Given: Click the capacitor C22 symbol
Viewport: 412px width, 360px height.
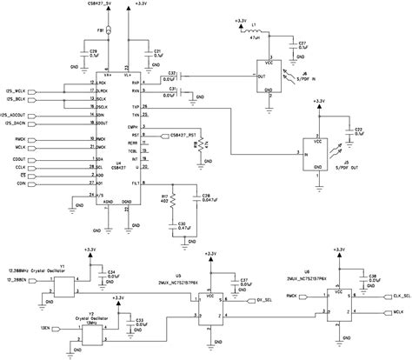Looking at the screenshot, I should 348,132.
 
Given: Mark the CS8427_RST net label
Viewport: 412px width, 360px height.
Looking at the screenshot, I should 188,136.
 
